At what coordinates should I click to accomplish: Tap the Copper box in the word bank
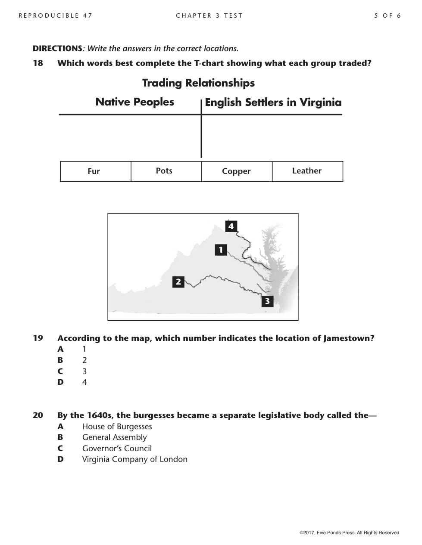237,171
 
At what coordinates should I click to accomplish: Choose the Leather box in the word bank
307,171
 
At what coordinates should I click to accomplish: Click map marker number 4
231,226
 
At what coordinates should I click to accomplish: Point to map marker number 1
221,250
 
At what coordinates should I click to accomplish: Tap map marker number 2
178,282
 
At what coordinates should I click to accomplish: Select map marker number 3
267,301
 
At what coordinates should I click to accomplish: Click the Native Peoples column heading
134,102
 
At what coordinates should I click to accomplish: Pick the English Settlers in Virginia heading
273,102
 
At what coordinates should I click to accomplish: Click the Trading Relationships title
198,83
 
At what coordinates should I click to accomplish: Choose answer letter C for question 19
60,371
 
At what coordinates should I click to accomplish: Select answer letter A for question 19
60,349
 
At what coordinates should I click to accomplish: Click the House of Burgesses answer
117,427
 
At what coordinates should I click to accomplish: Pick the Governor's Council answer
117,449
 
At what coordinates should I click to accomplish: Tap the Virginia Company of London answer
134,459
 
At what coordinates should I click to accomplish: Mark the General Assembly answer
114,437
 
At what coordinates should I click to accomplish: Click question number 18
38,63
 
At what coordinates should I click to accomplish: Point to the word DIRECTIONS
57,49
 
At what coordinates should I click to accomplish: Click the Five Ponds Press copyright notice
349,533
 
